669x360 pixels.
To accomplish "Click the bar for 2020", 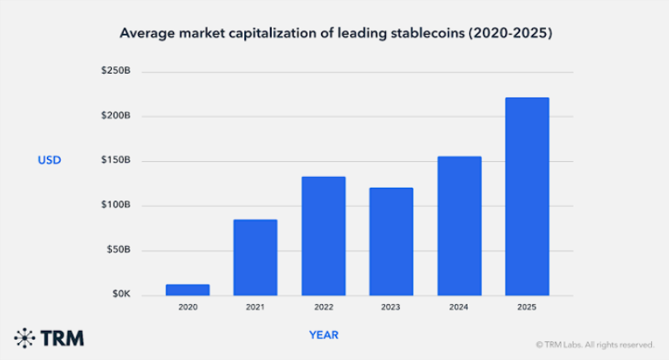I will point(187,290).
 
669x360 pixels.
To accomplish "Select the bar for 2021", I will point(255,257).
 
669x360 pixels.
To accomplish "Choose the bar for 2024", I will point(459,226).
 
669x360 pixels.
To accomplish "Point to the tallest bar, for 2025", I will point(527,197).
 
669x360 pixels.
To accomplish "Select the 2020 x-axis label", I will point(187,308).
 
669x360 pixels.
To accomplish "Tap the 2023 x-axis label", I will point(392,308).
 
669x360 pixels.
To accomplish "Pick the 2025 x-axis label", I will point(527,308).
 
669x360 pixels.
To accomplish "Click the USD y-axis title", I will point(49,161).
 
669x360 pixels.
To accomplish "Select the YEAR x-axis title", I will point(324,335).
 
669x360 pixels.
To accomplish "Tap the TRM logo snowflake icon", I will point(25,337).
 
